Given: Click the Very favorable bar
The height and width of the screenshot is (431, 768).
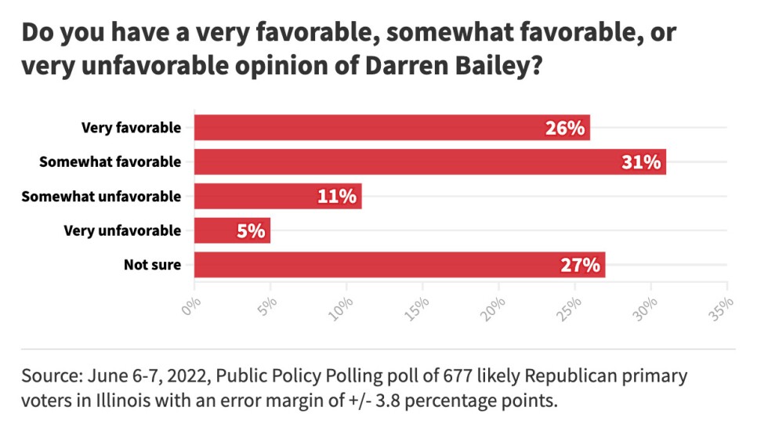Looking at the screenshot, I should coord(392,128).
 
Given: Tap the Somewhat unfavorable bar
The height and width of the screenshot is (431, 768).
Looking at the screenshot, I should coord(277,196).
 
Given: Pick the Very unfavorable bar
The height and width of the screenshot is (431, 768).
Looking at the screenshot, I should coord(232,230).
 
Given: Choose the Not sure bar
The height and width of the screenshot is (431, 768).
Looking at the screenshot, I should coord(400,265).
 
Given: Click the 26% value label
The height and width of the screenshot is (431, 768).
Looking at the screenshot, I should coord(566,128).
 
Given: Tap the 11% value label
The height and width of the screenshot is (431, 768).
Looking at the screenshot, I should coord(339,196).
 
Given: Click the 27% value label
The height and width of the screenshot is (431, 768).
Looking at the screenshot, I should coord(581,265).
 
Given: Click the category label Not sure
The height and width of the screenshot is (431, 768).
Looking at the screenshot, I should coord(152,265).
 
